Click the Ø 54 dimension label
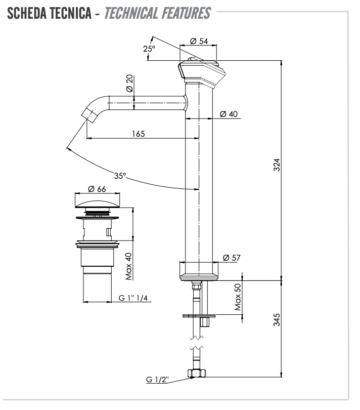click(199, 42)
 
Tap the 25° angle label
click(149, 49)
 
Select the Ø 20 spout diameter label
click(130, 82)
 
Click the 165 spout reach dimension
click(138, 134)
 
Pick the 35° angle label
click(120, 176)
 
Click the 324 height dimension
click(277, 166)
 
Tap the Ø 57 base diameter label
click(231, 258)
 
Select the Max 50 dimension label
click(238, 297)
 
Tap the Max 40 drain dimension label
click(129, 266)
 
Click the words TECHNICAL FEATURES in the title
click(157, 13)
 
